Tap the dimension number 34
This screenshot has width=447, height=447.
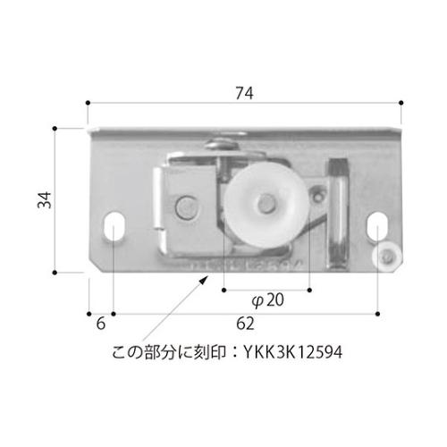pyautogui.click(x=43, y=203)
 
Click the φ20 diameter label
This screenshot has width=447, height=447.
pyautogui.click(x=267, y=301)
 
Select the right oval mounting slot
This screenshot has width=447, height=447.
pyautogui.click(x=378, y=226)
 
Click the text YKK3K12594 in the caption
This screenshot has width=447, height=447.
pyautogui.click(x=293, y=353)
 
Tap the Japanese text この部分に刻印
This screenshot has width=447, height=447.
pyautogui.click(x=166, y=353)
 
